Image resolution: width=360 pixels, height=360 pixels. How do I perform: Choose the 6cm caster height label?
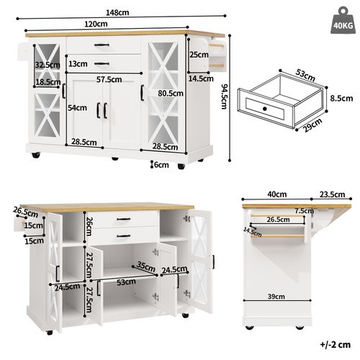(162, 164)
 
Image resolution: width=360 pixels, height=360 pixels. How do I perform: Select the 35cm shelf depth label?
(147, 267)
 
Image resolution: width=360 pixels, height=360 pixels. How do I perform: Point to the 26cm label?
(87, 227)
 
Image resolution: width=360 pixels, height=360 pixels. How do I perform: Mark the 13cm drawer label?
(78, 64)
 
